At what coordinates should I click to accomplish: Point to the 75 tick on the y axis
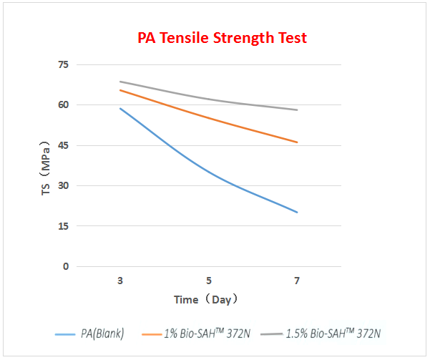pyautogui.click(x=63, y=65)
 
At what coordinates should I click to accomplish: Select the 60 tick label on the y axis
pyautogui.click(x=63, y=105)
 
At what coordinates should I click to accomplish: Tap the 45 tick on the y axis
pyautogui.click(x=63, y=145)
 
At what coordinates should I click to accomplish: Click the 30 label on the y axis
pyautogui.click(x=63, y=186)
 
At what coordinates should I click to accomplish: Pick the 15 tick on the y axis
pyautogui.click(x=63, y=226)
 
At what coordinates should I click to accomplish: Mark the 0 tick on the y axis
pyautogui.click(x=66, y=266)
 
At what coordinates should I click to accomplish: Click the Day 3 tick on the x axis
pyautogui.click(x=120, y=281)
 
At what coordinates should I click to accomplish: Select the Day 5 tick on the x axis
pyautogui.click(x=208, y=281)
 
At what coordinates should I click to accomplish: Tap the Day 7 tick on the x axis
pyautogui.click(x=297, y=281)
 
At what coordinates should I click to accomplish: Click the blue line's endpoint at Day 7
pyautogui.click(x=297, y=213)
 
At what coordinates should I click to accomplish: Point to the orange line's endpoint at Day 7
pyautogui.click(x=297, y=142)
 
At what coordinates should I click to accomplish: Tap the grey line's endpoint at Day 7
pyautogui.click(x=297, y=110)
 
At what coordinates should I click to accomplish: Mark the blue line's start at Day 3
pyautogui.click(x=120, y=108)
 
